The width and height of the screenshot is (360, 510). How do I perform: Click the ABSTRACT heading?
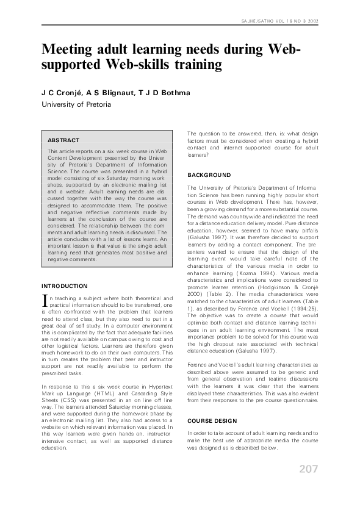pos(63,140)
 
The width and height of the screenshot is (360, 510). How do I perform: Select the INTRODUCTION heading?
pos(64,286)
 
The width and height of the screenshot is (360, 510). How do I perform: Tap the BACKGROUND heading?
pos(209,175)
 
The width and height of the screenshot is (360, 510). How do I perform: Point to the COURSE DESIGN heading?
pos(213,421)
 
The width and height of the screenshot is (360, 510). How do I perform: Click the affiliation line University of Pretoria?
pos(76,104)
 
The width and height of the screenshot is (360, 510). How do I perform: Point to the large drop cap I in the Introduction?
pos(44,300)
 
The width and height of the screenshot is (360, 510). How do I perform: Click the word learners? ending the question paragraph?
pos(200,156)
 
